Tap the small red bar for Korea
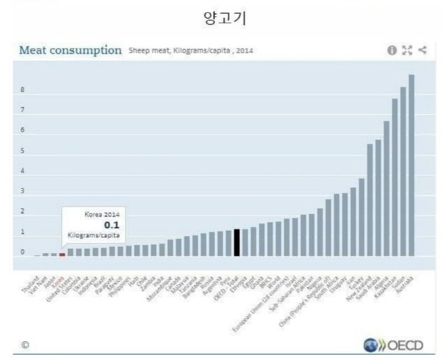[x=62, y=254]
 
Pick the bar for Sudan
[x=403, y=171]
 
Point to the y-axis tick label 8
[x=22, y=90]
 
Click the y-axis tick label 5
[x=22, y=151]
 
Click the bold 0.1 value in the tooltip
[x=112, y=225]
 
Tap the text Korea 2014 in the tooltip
[x=102, y=215]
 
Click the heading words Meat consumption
[x=70, y=50]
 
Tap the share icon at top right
[x=423, y=50]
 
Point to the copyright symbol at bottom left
[x=24, y=345]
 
